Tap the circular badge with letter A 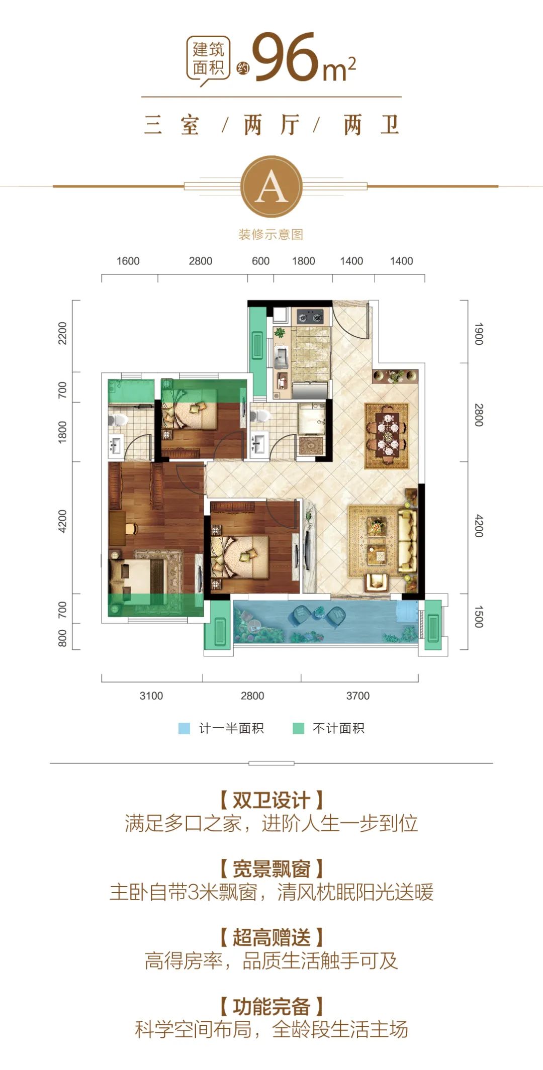(271, 186)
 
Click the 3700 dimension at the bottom (357, 696)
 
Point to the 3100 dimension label (151, 696)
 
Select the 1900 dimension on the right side (479, 334)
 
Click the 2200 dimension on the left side (62, 333)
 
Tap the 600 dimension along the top (260, 261)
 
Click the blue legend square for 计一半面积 (185, 728)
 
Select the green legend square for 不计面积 (299, 728)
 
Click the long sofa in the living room (407, 541)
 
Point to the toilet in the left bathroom (117, 419)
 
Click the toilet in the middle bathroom (260, 416)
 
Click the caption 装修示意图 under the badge (271, 234)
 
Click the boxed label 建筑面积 (209, 58)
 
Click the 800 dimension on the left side (62, 638)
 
